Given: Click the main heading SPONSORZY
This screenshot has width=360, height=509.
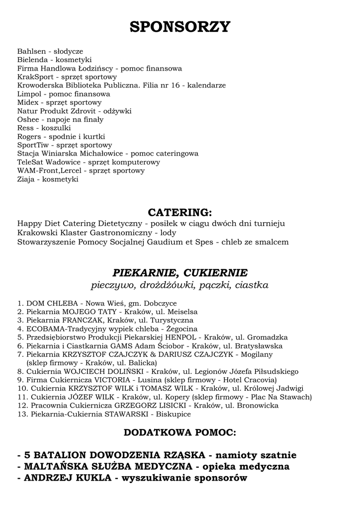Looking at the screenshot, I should point(180,26).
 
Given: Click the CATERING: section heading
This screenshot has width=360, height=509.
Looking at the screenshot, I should point(180,212).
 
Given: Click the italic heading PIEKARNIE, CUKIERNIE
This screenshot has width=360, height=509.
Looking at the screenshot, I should point(180,273).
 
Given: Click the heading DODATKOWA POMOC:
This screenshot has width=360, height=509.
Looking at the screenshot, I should point(180,433).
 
